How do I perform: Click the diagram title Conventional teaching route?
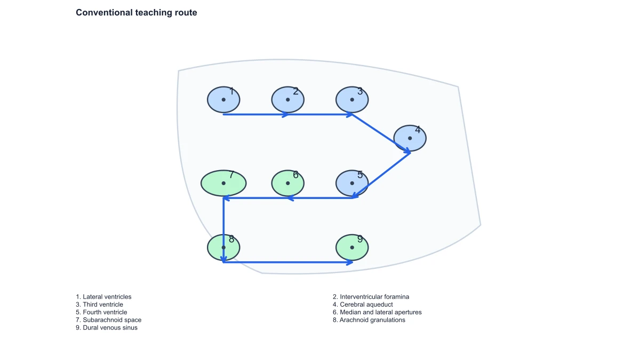[x=137, y=13]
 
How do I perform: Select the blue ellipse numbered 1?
[x=223, y=100]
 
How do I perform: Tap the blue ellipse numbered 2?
[x=287, y=100]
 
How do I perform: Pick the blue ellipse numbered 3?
[x=352, y=100]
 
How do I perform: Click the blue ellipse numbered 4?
[x=410, y=138]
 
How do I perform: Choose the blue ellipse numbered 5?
[x=352, y=183]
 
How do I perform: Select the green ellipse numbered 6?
[x=287, y=183]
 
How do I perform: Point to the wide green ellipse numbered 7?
[x=223, y=183]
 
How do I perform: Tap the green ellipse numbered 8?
[x=223, y=247]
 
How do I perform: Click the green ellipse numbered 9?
[x=352, y=247]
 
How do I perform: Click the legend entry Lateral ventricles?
[x=103, y=297]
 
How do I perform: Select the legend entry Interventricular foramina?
[x=371, y=297]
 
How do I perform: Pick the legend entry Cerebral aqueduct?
[x=363, y=305]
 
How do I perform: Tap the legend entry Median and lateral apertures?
[x=377, y=313]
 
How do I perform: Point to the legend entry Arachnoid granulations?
[x=369, y=320]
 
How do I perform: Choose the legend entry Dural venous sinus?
[x=107, y=327]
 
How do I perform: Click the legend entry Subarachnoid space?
[x=109, y=320]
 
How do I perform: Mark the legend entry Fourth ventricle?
[x=101, y=313]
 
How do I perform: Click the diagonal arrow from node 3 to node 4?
[x=381, y=134]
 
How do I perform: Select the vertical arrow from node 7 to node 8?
[x=223, y=230]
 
